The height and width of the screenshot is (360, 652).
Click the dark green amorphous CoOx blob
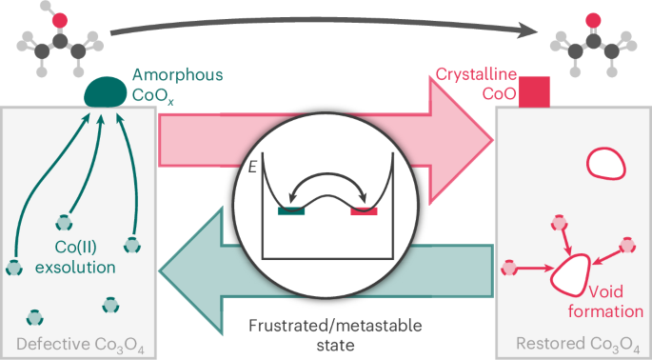pyautogui.click(x=106, y=91)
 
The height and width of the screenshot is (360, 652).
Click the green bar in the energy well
pyautogui.click(x=291, y=210)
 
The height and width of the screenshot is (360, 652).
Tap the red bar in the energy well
pyautogui.click(x=363, y=210)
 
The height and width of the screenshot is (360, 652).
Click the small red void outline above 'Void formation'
pyautogui.click(x=606, y=163)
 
